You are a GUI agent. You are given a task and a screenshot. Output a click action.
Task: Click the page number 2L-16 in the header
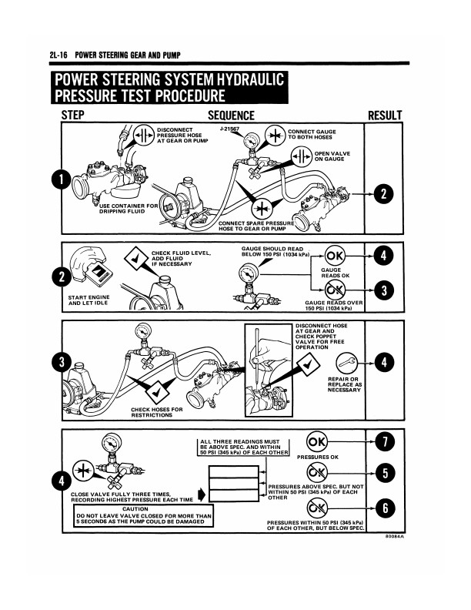58,55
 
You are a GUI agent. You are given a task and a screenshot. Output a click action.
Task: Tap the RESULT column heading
385,116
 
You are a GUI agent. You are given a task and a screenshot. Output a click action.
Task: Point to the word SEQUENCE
231,116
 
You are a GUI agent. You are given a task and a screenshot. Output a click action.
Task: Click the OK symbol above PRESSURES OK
316,441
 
